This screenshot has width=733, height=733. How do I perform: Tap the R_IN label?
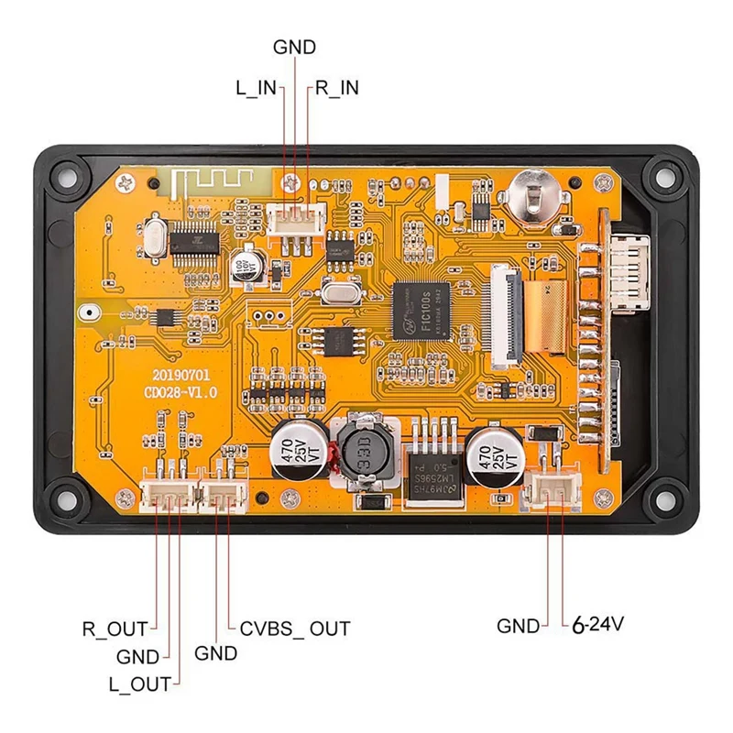click(x=336, y=87)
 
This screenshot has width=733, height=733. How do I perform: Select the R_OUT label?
click(x=115, y=629)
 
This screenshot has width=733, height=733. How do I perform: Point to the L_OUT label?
click(x=139, y=684)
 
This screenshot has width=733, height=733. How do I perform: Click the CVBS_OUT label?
click(x=295, y=629)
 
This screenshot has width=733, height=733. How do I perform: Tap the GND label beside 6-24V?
click(x=519, y=627)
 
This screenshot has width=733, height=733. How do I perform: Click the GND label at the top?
click(x=294, y=48)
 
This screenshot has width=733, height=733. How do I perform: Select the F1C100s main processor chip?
click(x=422, y=309)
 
